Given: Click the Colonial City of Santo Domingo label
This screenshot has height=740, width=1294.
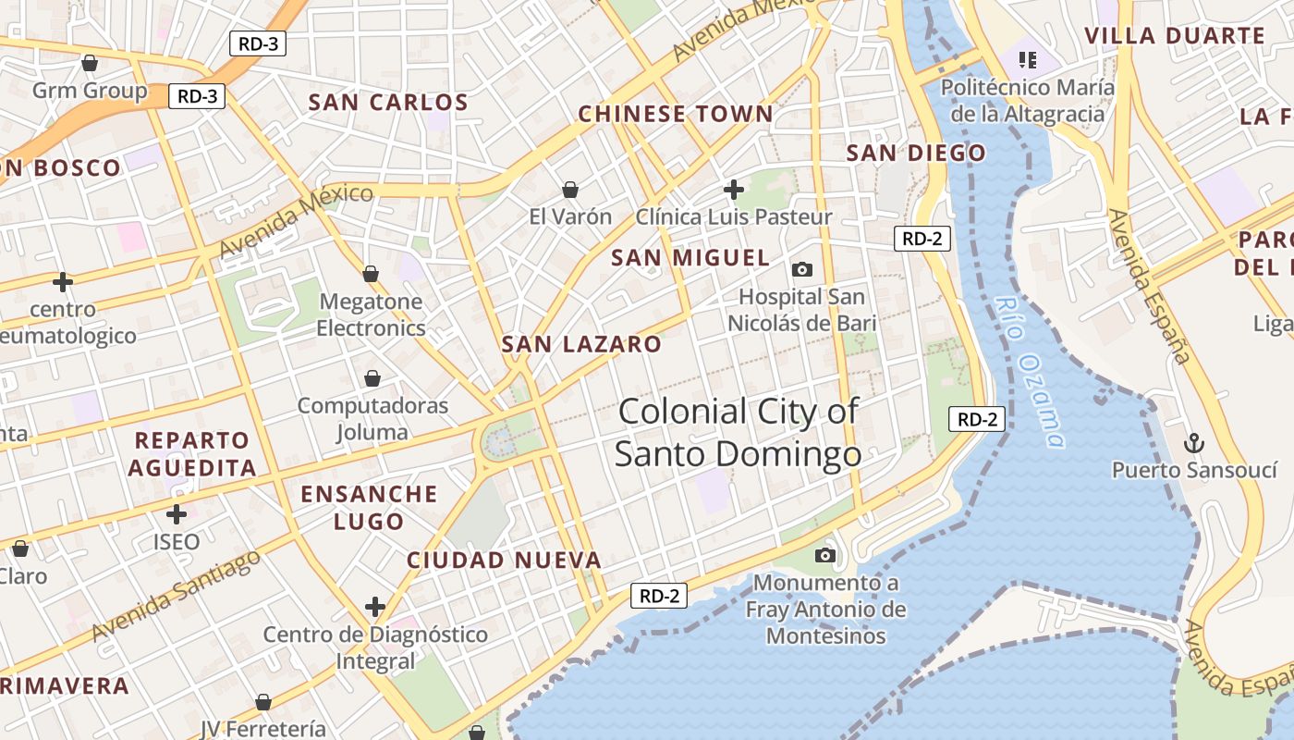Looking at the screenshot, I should click(x=738, y=433).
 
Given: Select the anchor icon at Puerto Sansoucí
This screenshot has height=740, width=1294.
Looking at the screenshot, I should click(x=1193, y=442).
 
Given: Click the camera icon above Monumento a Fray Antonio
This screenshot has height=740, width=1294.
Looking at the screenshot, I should click(x=825, y=555).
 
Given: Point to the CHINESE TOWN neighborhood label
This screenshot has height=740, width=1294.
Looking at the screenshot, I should click(x=676, y=115).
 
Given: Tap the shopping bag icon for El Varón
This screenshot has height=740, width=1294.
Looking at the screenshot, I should click(x=570, y=190).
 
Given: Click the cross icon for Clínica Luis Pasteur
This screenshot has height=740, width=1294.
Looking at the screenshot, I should click(x=734, y=190).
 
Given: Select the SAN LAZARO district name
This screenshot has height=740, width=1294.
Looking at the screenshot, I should click(x=581, y=345).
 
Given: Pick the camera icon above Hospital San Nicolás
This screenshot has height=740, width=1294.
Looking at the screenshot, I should click(x=802, y=269).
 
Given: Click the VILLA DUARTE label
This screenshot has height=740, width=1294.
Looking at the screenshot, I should click(x=1174, y=36).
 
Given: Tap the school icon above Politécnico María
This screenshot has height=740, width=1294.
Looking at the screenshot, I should click(x=1027, y=61).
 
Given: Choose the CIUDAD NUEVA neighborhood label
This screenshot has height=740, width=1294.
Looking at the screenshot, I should click(x=504, y=561).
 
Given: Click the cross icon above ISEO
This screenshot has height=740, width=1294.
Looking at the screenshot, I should click(x=177, y=514).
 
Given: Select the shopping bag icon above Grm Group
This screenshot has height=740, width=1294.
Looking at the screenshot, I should click(x=90, y=63).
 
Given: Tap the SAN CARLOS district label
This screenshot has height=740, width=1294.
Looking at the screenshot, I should click(x=388, y=103).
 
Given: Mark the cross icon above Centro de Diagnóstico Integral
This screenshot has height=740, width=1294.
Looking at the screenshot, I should click(x=374, y=607).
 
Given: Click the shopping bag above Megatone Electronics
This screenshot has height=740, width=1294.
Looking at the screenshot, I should click(x=371, y=274).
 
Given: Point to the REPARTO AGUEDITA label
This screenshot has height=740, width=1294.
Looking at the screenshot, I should click(x=192, y=453).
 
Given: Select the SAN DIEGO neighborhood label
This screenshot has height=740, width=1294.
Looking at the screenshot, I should click(x=916, y=154).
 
